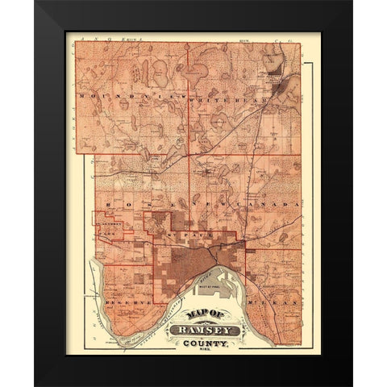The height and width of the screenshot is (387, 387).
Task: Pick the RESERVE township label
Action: tap(120, 298)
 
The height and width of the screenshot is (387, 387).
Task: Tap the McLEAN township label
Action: tap(274, 298)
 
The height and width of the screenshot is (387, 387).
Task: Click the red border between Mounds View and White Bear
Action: tap(189, 97)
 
